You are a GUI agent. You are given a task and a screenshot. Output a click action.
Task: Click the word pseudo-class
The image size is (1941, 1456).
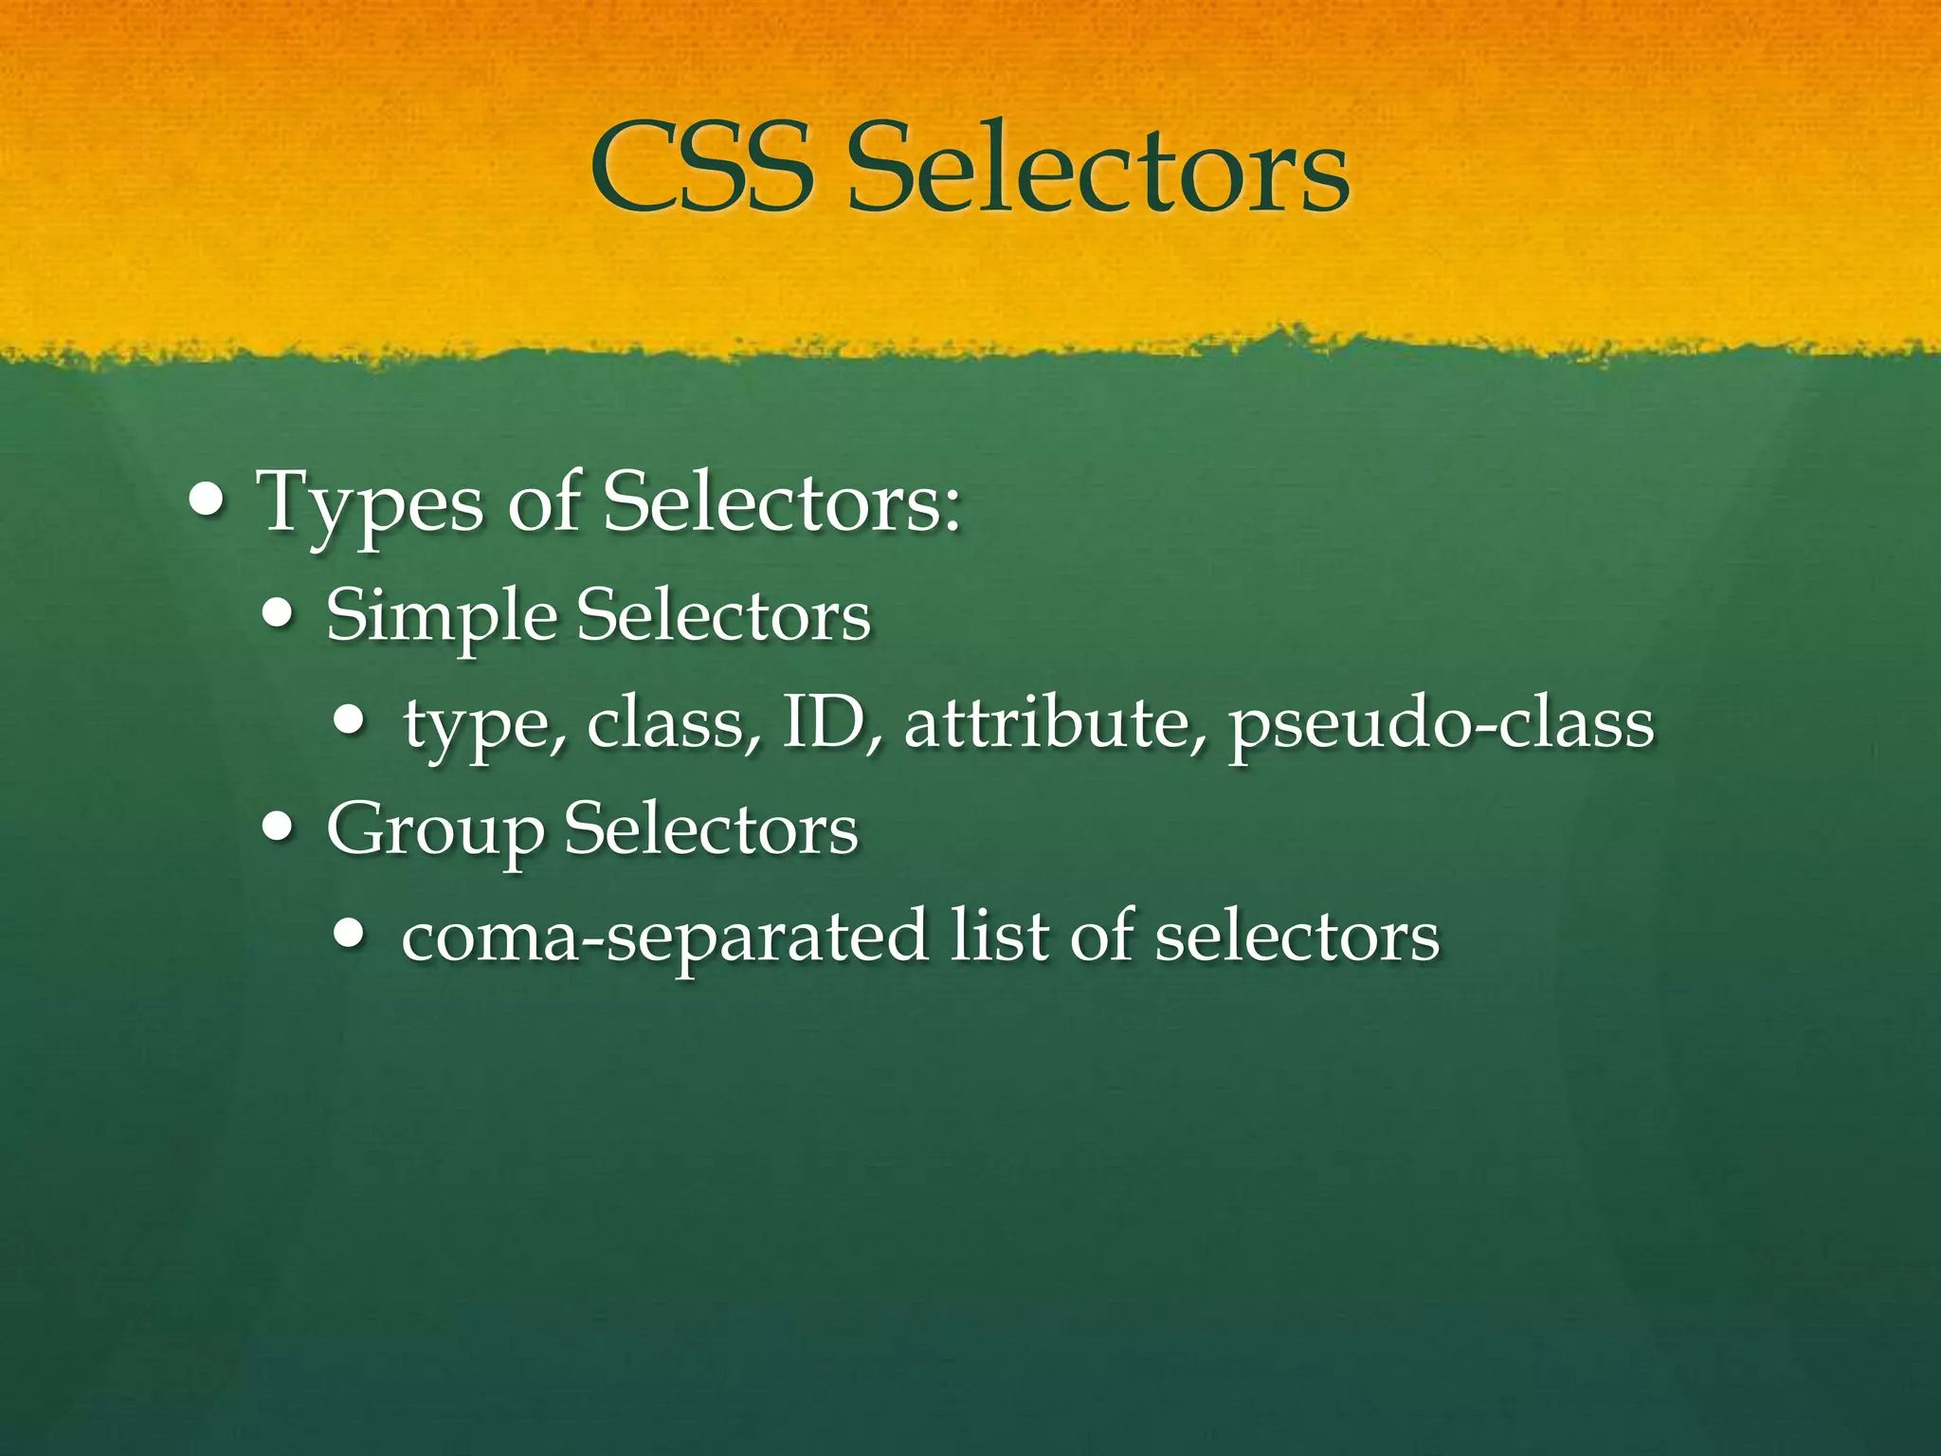tap(1441, 725)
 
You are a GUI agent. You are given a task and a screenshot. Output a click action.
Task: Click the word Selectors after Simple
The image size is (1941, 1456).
tap(723, 615)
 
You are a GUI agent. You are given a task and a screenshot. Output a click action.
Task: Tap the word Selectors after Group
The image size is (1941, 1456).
tap(711, 828)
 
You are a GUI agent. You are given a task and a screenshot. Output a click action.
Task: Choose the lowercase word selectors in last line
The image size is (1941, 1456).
tap(1297, 937)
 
